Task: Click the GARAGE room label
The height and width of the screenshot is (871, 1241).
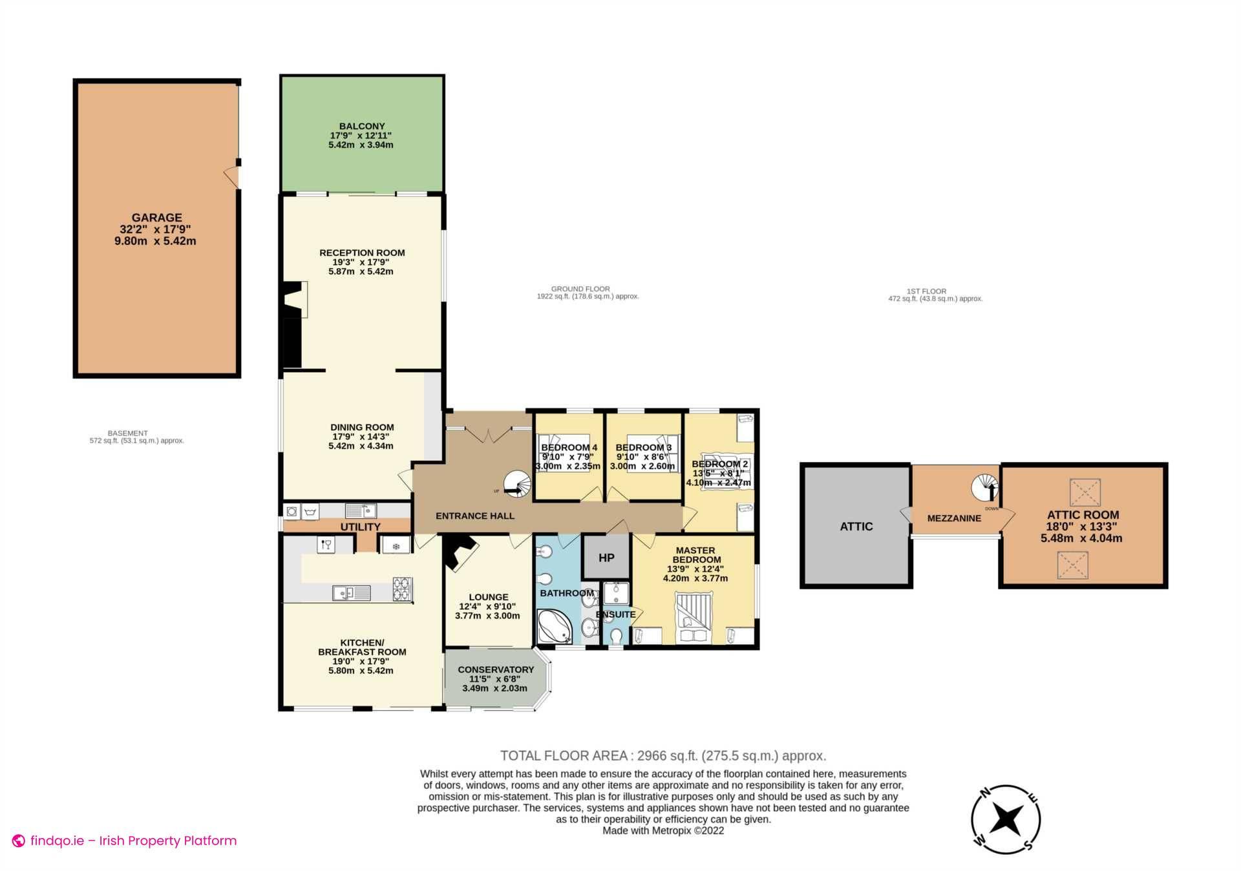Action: click(x=156, y=218)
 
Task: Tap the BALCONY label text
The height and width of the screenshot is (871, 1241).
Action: click(x=362, y=127)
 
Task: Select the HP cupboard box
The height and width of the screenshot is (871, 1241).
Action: click(x=606, y=557)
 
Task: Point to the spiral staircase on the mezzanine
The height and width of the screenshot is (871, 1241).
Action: click(x=985, y=488)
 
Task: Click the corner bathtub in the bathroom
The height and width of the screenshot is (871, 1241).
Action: click(x=555, y=625)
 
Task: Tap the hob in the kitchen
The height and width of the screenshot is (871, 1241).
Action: click(x=402, y=589)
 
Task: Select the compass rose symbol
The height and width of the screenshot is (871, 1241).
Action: click(x=1006, y=819)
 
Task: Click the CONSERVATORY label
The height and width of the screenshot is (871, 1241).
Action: click(x=496, y=669)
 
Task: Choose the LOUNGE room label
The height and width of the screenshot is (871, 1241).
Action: click(x=489, y=597)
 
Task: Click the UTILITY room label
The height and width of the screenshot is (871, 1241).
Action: click(x=360, y=527)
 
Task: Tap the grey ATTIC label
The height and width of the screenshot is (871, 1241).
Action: click(x=856, y=527)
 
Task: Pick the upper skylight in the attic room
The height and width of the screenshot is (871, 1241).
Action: click(x=1085, y=492)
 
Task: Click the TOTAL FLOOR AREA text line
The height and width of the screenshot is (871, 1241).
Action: click(x=663, y=755)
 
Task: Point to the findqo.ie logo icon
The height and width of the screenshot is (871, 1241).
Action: click(x=19, y=841)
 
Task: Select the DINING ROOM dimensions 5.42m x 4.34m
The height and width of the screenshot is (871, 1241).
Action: click(x=361, y=446)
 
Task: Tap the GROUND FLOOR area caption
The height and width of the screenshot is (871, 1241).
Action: click(x=580, y=289)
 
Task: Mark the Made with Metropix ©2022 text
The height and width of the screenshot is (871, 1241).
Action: click(x=663, y=831)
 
